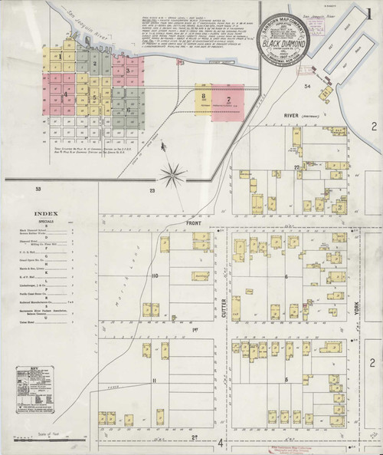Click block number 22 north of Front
(295, 167)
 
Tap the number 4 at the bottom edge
(220, 443)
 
